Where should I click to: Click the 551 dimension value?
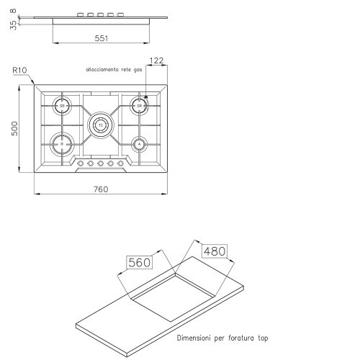click(x=102, y=38)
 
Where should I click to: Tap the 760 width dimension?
click(x=101, y=189)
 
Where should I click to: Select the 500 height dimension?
click(x=14, y=129)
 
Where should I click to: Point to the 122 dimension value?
click(x=156, y=60)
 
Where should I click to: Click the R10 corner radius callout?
click(x=19, y=71)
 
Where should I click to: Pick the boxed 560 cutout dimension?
click(x=139, y=262)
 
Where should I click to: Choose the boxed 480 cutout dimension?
click(x=215, y=251)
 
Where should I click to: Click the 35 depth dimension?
click(x=14, y=25)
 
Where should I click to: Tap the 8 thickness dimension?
click(x=14, y=11)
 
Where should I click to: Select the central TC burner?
click(x=101, y=125)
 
